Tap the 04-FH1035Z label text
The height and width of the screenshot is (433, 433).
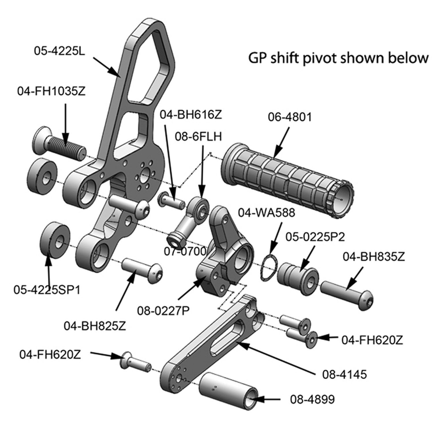click(x=52, y=92)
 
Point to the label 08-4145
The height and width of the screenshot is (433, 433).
click(x=344, y=374)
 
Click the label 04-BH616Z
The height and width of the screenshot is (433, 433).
click(x=191, y=115)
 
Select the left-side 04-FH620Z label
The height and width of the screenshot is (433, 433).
click(x=50, y=354)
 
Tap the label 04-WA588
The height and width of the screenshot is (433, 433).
click(x=266, y=213)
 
